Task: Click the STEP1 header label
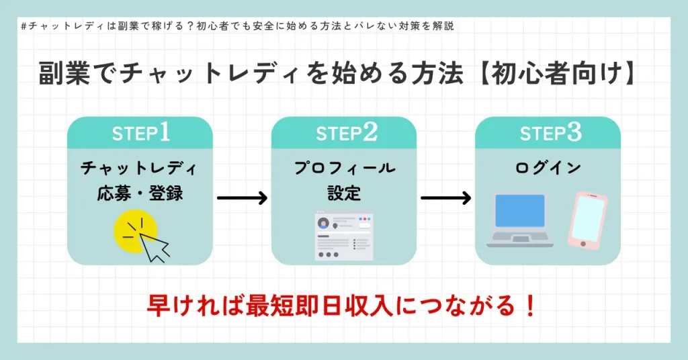click(140, 133)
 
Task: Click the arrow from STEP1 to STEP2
click(242, 198)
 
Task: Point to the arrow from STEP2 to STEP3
click(445, 198)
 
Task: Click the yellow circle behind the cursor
click(132, 232)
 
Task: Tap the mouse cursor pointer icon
click(156, 246)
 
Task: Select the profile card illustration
click(343, 237)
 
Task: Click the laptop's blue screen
click(519, 211)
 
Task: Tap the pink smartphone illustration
click(588, 220)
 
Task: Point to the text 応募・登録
click(140, 193)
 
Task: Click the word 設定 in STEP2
click(344, 193)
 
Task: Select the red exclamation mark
click(529, 306)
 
